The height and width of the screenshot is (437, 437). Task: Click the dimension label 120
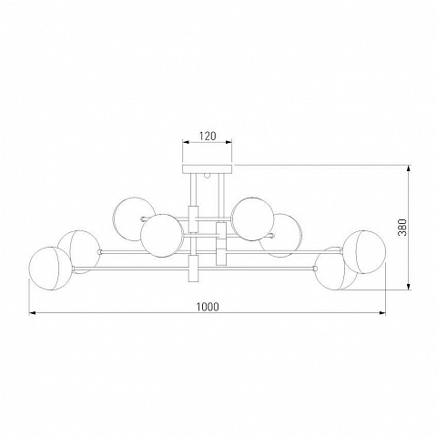(x=208, y=137)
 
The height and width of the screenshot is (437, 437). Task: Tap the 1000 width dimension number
(x=208, y=307)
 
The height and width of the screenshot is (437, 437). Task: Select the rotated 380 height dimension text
(x=402, y=227)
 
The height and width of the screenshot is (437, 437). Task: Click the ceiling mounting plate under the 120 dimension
(x=207, y=169)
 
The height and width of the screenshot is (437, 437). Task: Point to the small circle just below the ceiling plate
(x=208, y=175)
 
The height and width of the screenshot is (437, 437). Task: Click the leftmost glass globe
(x=50, y=269)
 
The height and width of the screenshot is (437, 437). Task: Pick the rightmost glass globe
(x=364, y=252)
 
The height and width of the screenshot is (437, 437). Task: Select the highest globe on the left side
(x=134, y=219)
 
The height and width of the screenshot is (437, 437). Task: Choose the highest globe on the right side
(x=252, y=219)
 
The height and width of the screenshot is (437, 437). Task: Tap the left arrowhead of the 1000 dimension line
(x=33, y=313)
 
